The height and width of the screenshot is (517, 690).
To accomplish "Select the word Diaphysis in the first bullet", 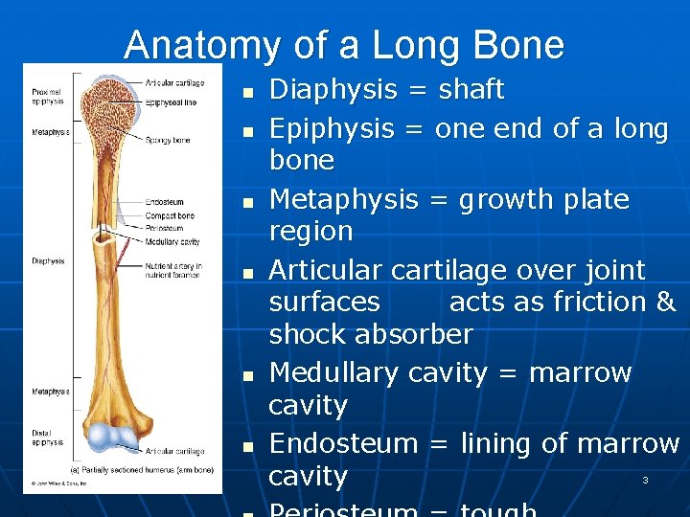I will tap(333, 90).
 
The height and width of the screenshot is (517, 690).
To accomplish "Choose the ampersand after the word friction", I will tap(667, 302).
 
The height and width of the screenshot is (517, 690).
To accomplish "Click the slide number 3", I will tap(645, 480).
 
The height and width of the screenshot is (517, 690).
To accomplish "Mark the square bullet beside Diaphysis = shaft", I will tap(246, 93).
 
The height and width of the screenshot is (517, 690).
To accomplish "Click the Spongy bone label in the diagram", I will tap(168, 141).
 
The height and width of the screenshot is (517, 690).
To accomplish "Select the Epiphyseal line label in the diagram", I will tap(172, 101).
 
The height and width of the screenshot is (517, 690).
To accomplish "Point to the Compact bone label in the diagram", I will tap(170, 216).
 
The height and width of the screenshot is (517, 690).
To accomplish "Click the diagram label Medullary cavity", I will tap(172, 242).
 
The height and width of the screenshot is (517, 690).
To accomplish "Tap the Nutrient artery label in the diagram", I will tap(172, 270).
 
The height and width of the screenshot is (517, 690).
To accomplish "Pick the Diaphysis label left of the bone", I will tap(48, 260).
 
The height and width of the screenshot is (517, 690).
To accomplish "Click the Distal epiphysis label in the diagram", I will tap(48, 438).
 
